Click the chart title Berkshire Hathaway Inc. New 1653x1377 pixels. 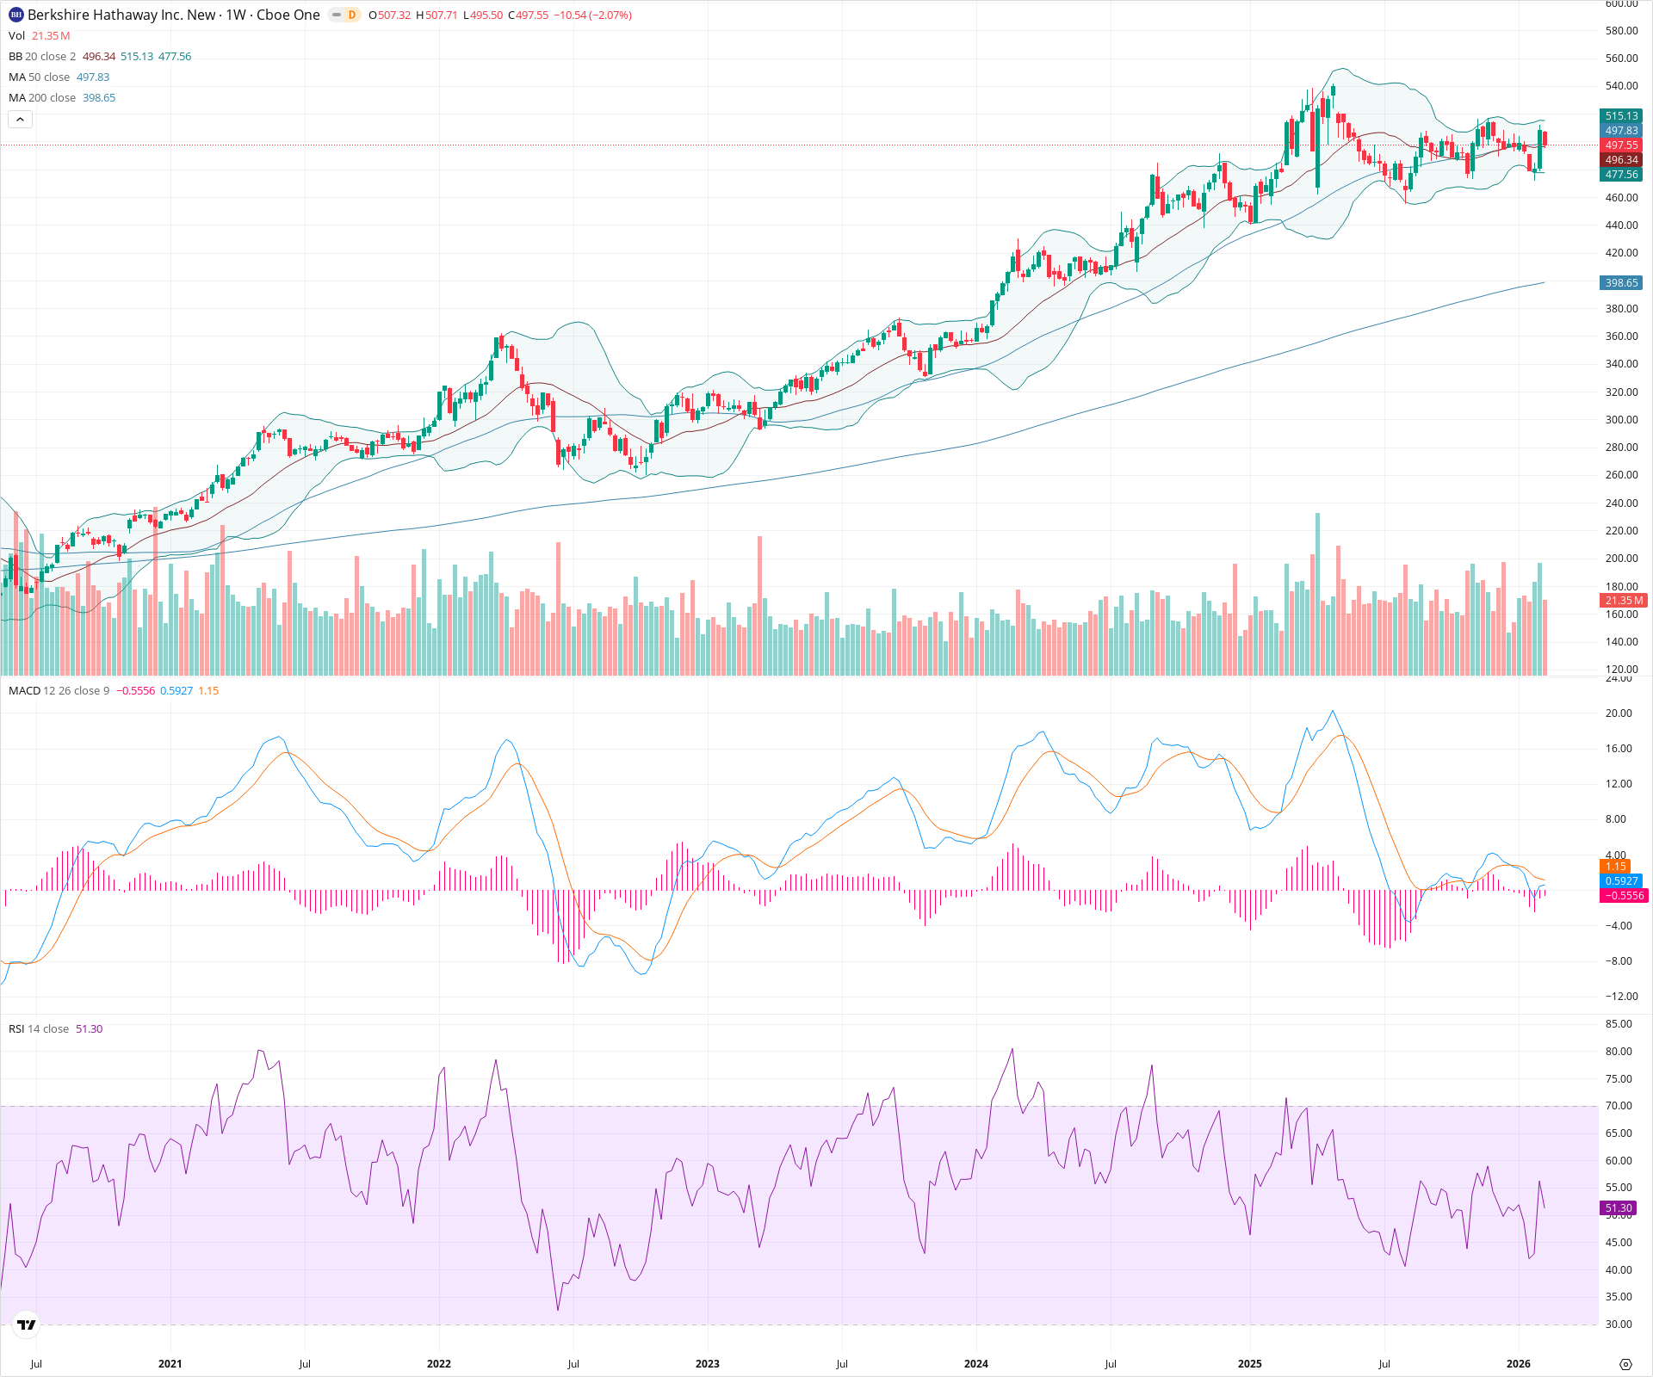(121, 15)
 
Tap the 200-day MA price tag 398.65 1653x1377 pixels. (1621, 283)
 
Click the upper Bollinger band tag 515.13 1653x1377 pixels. (1621, 116)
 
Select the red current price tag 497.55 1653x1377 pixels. (1621, 145)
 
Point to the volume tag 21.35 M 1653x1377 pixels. (1624, 601)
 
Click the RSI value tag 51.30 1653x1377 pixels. (1618, 1208)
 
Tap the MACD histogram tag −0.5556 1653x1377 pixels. (1623, 896)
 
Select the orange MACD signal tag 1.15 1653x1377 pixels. (1615, 867)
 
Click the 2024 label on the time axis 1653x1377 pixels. (975, 1364)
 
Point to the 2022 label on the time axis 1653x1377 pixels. (438, 1364)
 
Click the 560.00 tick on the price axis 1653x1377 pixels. (1621, 59)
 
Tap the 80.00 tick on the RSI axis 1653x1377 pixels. (1619, 1052)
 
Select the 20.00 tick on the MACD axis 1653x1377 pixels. (1619, 713)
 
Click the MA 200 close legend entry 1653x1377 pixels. (42, 98)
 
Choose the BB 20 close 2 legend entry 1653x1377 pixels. (42, 57)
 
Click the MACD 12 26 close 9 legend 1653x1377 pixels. (59, 691)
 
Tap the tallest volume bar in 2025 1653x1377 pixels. (1317, 594)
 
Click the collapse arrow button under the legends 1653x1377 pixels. (21, 120)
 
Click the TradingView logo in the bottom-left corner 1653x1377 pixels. (27, 1325)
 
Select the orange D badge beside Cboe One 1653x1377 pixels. (351, 15)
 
